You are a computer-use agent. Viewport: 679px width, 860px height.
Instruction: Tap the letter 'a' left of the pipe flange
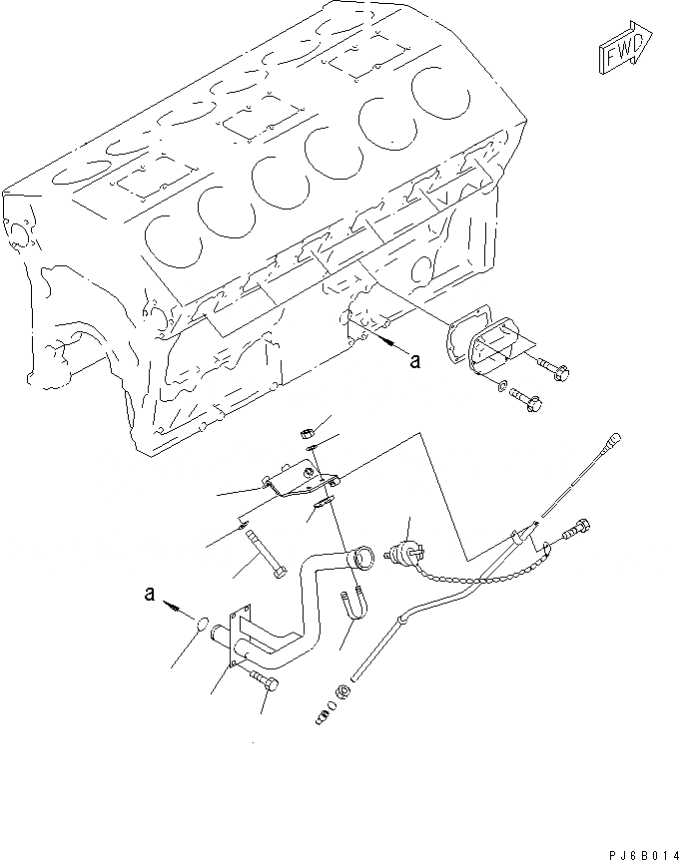coord(150,595)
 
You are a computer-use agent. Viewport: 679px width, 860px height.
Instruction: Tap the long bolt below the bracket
coord(266,553)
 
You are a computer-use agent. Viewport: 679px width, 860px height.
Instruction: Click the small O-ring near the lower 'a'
coord(203,626)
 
